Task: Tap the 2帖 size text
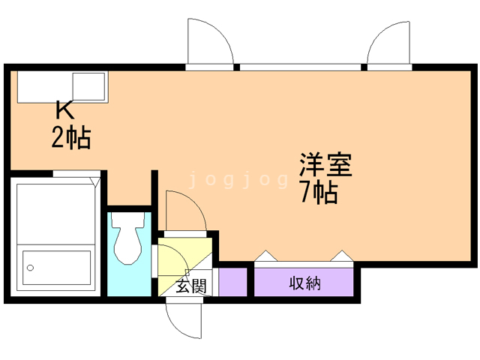coord(71,138)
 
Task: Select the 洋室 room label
coord(325,164)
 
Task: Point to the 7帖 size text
coord(318,193)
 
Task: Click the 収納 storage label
coord(304,283)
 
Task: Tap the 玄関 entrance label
coord(190,286)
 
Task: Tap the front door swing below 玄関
coord(184,319)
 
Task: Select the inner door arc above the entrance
coord(184,210)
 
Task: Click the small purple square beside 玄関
coord(232,281)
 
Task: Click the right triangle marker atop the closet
coord(342,256)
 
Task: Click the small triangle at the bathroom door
coord(94,180)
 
